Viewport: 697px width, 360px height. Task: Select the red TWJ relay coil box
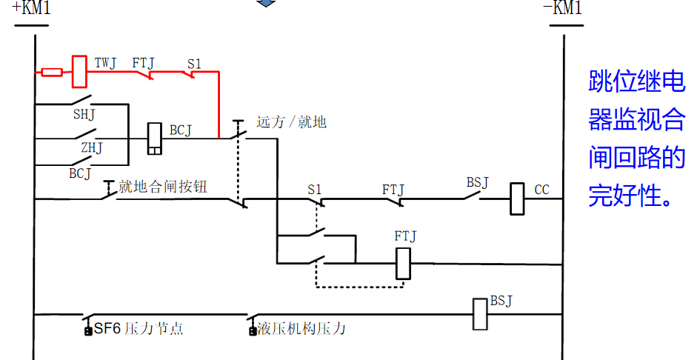tap(80, 71)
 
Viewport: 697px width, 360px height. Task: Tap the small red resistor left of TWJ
tap(52, 72)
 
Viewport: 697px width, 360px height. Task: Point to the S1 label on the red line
tap(194, 64)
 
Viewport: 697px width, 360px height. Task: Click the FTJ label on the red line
tap(143, 64)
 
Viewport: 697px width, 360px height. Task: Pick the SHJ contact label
tap(84, 115)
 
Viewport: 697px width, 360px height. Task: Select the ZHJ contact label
tap(91, 148)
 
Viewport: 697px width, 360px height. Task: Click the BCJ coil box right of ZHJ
tap(155, 139)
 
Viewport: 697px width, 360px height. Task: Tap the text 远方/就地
tap(291, 122)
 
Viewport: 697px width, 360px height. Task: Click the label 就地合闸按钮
tap(162, 187)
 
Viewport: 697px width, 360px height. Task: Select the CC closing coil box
tap(518, 199)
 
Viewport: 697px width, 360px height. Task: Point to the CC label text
tap(541, 190)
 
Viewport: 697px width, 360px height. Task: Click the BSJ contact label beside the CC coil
tap(477, 182)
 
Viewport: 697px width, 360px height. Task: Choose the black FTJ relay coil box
tap(403, 263)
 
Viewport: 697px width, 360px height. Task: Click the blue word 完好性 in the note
tap(630, 196)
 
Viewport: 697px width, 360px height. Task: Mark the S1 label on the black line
tap(316, 190)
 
